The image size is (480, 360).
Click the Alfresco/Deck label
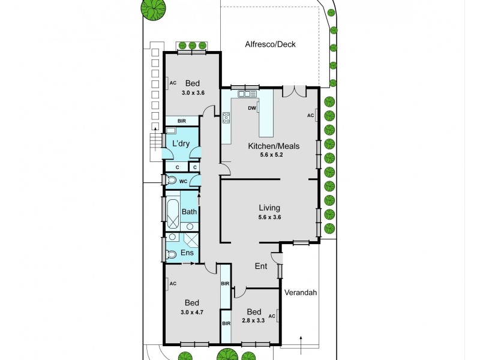pyautogui.click(x=270, y=44)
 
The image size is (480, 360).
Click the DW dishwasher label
pyautogui.click(x=252, y=109)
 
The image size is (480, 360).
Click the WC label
pyautogui.click(x=184, y=181)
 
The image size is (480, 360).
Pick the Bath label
pyautogui.click(x=189, y=212)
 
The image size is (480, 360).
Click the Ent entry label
pyautogui.click(x=261, y=266)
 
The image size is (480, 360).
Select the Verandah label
pyautogui.click(x=301, y=293)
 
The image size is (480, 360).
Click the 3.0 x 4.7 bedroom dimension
pyautogui.click(x=192, y=312)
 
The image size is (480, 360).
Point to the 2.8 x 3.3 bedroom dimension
pyautogui.click(x=254, y=321)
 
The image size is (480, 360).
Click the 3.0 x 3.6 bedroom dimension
pyautogui.click(x=192, y=93)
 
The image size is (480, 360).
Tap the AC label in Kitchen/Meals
pyautogui.click(x=310, y=115)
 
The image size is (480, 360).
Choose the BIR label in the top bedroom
pyautogui.click(x=181, y=121)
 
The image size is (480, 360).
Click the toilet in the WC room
pyautogui.click(x=171, y=180)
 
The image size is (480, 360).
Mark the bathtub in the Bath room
pyautogui.click(x=172, y=214)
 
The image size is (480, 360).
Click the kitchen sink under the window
pyautogui.click(x=247, y=94)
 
